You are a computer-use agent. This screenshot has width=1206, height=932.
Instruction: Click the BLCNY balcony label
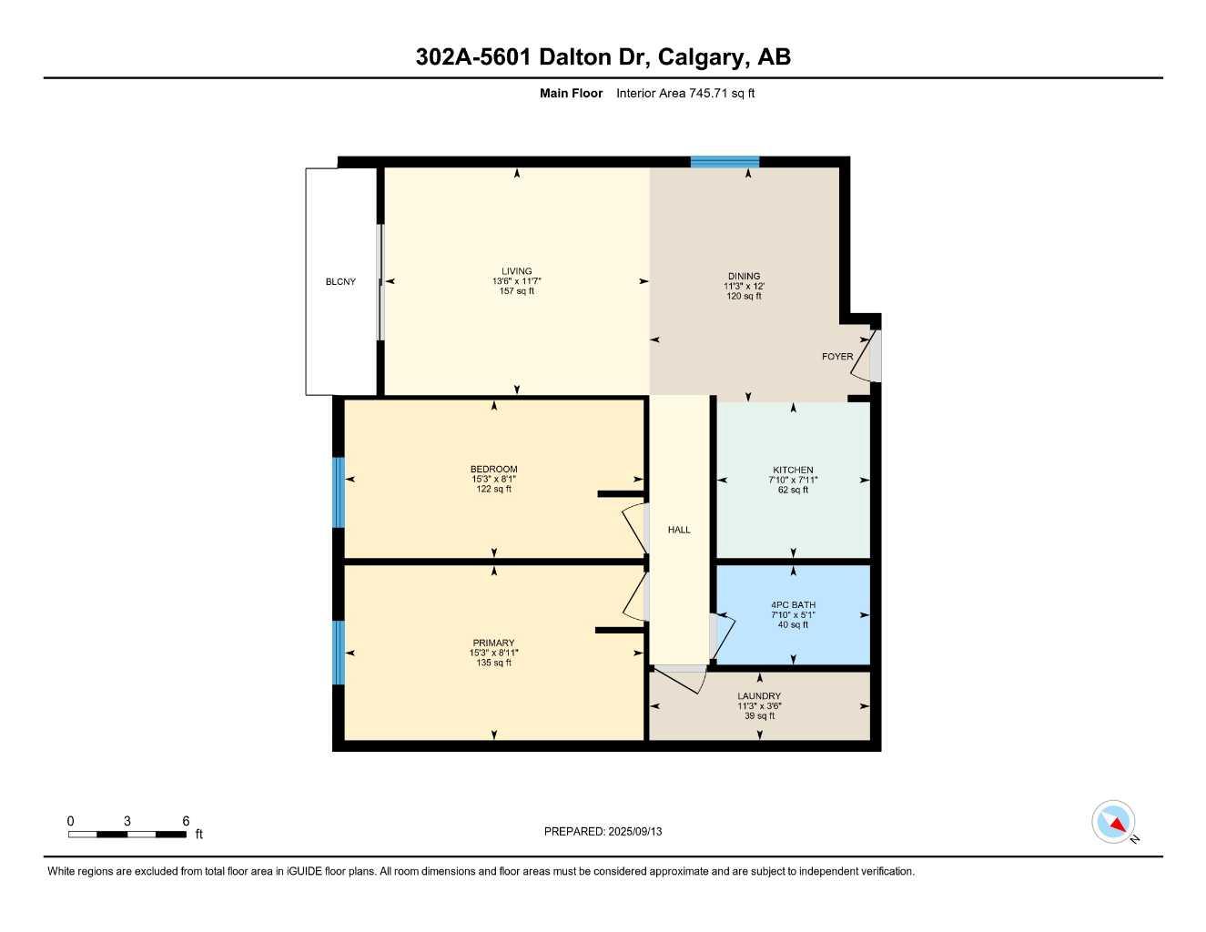pyautogui.click(x=340, y=282)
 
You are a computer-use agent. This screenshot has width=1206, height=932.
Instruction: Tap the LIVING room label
pyautogui.click(x=517, y=271)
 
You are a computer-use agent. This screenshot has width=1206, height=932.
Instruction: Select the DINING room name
pyautogui.click(x=744, y=277)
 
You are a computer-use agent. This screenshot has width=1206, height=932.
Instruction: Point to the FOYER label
pyautogui.click(x=837, y=357)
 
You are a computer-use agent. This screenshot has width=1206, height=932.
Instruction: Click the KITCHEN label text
pyautogui.click(x=793, y=471)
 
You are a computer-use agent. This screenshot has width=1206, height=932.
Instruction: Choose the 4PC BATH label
pyautogui.click(x=793, y=605)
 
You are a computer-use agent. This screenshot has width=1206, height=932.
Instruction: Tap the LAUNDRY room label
pyautogui.click(x=759, y=696)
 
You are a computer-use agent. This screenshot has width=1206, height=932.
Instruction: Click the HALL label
pyautogui.click(x=679, y=530)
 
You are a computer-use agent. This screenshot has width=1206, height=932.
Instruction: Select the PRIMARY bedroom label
pyautogui.click(x=493, y=643)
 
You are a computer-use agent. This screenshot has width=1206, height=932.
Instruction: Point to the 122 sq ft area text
pyautogui.click(x=493, y=490)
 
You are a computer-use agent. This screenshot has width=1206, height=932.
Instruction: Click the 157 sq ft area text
pyautogui.click(x=517, y=291)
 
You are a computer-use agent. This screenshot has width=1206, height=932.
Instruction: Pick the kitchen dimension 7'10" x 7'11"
pyautogui.click(x=793, y=481)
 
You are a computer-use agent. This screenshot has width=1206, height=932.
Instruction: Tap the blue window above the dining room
pyautogui.click(x=725, y=163)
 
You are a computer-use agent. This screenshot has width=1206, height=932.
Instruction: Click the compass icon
pyautogui.click(x=1113, y=822)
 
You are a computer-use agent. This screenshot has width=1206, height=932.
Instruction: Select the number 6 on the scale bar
pyautogui.click(x=186, y=821)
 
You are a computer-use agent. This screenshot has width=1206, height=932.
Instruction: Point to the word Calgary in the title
pyautogui.click(x=701, y=57)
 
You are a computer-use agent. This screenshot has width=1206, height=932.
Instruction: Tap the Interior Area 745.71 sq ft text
pyautogui.click(x=685, y=93)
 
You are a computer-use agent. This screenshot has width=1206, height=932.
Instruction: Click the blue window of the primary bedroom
pyautogui.click(x=339, y=653)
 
